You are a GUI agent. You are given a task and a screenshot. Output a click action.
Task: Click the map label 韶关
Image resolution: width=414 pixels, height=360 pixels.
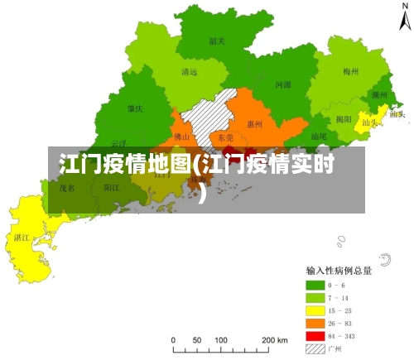coord(218,40)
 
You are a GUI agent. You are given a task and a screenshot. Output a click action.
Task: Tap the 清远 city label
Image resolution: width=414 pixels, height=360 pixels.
coord(189,72)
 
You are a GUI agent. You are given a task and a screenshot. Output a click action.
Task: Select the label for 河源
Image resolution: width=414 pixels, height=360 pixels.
coord(282,84)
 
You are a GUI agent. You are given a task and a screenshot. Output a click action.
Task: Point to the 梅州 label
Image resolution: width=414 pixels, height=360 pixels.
coord(350,71)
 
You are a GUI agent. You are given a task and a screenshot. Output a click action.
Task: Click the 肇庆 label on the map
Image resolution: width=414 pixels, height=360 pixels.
coord(135,108)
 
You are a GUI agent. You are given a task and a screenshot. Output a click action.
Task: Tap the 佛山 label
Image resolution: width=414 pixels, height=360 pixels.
coord(182,136)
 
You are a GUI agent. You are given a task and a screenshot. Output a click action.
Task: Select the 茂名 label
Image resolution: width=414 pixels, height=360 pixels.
coord(66,188)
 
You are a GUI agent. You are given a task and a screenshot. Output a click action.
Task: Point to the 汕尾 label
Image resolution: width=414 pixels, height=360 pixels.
coord(319,137)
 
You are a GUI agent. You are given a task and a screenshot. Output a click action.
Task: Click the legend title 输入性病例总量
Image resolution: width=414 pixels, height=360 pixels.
coord(338,271)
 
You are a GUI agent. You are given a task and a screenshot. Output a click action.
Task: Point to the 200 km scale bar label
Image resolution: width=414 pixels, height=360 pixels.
coord(275,340)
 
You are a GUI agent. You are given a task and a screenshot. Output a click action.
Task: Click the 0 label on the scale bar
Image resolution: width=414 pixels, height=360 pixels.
coord(173,340)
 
